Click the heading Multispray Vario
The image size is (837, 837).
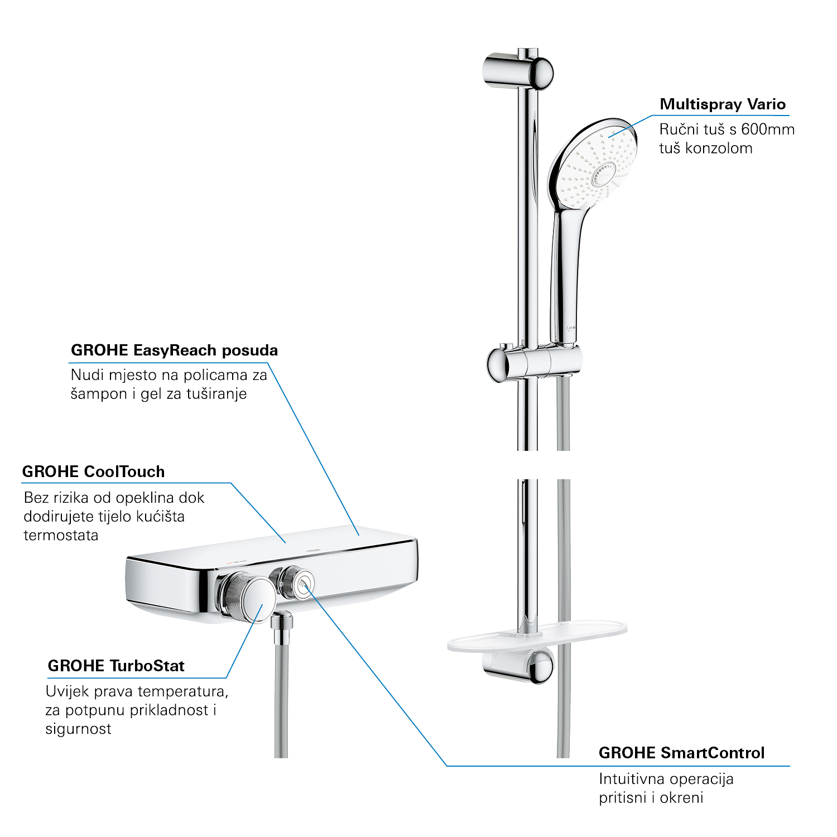point(723,104)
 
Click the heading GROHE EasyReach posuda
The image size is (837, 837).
point(174,350)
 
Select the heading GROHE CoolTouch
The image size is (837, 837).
point(93,472)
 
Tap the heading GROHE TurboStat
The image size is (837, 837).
point(116,666)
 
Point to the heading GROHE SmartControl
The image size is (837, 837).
point(681,753)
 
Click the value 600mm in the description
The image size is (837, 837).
point(768,129)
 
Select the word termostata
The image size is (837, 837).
point(61,536)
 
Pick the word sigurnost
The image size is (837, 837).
point(78,729)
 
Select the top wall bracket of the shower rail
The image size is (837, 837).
point(518,71)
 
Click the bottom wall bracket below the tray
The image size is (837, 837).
point(519,665)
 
